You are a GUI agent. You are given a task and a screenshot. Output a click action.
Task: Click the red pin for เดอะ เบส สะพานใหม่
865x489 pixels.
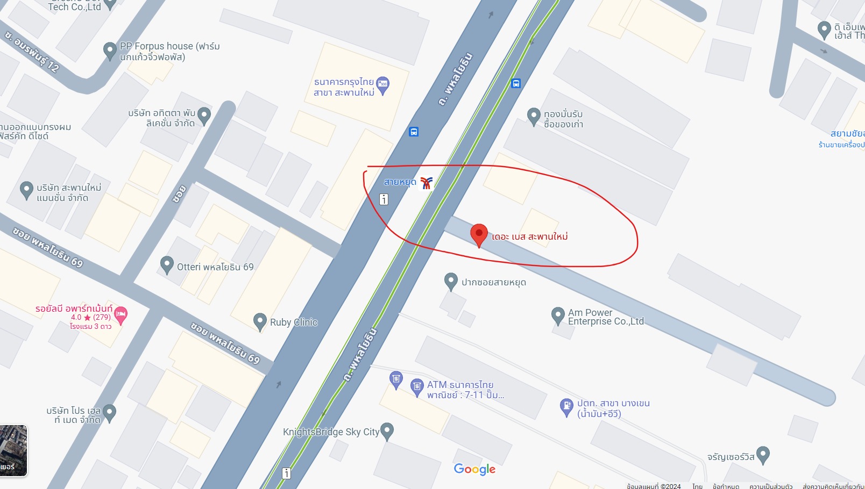coord(479,234)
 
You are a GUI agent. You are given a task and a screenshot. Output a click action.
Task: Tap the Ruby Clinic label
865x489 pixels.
coord(294,322)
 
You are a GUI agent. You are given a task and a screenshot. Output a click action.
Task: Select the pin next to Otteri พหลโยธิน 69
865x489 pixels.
coord(167,264)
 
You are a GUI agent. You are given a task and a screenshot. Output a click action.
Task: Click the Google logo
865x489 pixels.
coord(474,469)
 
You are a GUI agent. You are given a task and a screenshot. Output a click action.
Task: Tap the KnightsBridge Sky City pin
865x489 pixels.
coord(387,430)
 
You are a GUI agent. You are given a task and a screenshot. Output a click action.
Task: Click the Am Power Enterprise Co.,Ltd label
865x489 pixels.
coord(606,317)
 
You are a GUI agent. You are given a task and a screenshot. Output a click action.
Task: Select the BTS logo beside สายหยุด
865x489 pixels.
coord(427,183)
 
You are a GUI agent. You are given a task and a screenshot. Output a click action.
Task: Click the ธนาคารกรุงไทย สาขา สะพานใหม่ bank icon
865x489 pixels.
coord(383,84)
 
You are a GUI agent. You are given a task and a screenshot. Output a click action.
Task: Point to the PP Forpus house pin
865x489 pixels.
coord(110,51)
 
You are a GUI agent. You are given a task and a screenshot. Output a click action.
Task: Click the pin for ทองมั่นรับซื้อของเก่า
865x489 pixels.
coord(533,116)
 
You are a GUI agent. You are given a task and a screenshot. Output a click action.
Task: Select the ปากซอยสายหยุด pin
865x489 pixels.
coord(451,281)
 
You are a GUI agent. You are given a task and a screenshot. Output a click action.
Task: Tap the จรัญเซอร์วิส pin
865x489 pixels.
coord(763,455)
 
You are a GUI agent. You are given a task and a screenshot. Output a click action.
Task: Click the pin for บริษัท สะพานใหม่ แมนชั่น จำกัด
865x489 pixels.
coord(26,190)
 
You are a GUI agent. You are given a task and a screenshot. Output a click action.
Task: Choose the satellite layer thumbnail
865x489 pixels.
coord(13,450)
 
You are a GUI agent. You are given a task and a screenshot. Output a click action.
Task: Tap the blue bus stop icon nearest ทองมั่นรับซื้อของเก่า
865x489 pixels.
coord(516,83)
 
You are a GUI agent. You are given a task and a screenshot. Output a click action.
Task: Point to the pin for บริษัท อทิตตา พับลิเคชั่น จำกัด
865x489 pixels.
coord(204,115)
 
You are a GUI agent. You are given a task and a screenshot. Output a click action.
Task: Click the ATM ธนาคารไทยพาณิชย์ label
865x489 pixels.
coord(465,390)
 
